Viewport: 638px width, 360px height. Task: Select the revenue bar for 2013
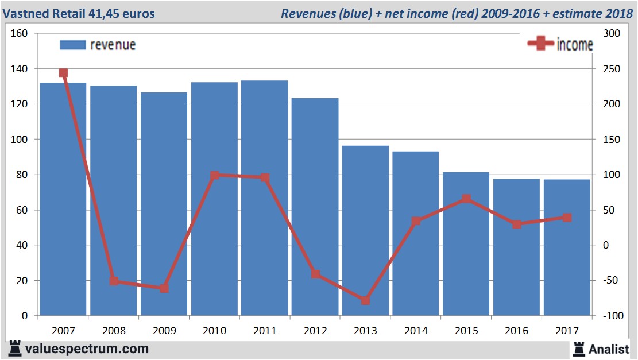(x=366, y=230)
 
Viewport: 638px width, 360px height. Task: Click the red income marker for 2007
(x=63, y=73)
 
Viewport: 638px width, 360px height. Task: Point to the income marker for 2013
(x=366, y=300)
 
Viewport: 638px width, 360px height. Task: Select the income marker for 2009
(x=164, y=288)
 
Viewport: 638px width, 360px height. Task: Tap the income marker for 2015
(x=466, y=199)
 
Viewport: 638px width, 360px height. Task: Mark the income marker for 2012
(x=315, y=274)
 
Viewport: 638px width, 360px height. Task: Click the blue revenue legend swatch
(x=72, y=45)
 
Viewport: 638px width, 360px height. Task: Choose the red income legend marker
(x=540, y=44)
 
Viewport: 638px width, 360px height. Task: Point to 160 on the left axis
(x=20, y=33)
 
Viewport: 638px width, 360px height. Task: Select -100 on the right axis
(x=611, y=316)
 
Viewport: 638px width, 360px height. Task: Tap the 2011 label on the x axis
(x=265, y=331)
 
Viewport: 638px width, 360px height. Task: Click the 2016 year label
(x=516, y=331)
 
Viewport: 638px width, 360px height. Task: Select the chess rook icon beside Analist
(x=578, y=348)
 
